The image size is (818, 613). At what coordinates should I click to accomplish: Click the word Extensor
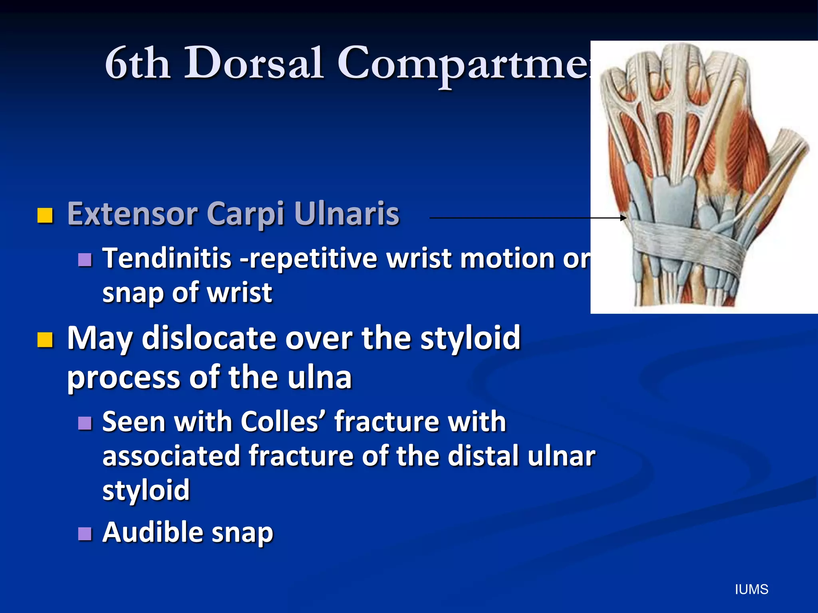tap(132, 214)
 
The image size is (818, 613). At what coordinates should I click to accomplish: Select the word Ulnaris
tap(346, 214)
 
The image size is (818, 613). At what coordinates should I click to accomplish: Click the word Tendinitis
tap(167, 258)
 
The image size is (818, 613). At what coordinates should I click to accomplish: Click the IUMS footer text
tap(751, 589)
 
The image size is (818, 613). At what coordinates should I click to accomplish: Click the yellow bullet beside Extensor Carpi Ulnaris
tap(45, 216)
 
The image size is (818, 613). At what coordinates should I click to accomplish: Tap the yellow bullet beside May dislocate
tap(45, 340)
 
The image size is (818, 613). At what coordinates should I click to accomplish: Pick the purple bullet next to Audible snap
tap(85, 534)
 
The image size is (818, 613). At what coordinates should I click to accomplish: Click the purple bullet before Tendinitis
tap(85, 260)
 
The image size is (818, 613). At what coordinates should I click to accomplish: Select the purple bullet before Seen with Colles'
tap(85, 423)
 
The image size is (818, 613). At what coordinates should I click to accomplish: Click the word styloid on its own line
tap(146, 490)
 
